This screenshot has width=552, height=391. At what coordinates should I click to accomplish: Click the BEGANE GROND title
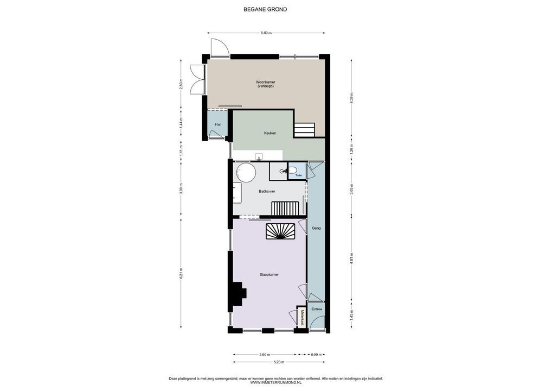[265, 10]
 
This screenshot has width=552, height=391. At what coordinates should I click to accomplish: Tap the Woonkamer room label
[266, 82]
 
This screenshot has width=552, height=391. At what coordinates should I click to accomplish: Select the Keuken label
[270, 133]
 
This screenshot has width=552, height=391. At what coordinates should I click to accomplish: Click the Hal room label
[218, 124]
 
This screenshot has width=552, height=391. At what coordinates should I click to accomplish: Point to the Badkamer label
[267, 191]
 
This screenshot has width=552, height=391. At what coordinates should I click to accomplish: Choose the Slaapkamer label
[269, 274]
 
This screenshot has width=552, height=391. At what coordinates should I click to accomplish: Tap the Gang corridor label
[316, 228]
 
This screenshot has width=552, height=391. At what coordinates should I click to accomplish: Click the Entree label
[317, 309]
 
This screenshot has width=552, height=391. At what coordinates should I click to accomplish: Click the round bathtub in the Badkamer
[246, 172]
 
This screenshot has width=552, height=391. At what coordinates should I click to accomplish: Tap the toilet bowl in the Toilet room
[293, 171]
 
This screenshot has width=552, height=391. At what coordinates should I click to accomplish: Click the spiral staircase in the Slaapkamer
[280, 231]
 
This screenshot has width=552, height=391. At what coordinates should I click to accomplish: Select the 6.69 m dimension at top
[266, 33]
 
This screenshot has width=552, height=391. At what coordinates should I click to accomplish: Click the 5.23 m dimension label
[279, 362]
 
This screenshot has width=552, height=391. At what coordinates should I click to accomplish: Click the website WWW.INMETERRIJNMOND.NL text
[276, 382]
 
